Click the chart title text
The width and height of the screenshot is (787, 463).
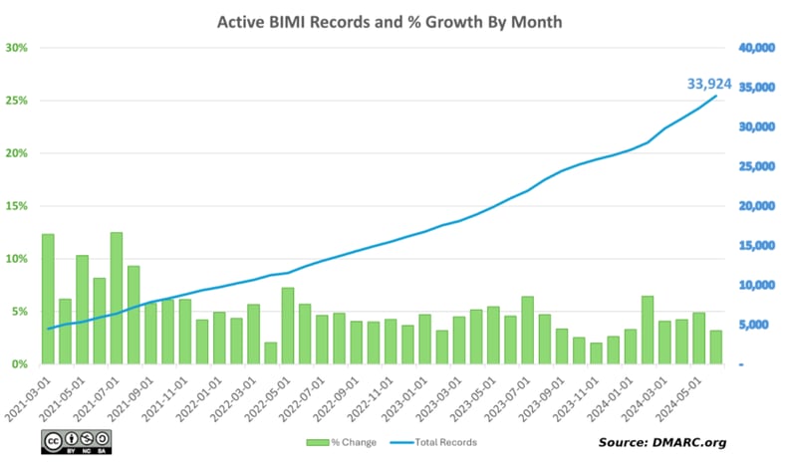[393, 20]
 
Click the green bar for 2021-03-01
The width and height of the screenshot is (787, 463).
[48, 299]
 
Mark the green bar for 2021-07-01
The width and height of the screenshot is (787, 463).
[117, 298]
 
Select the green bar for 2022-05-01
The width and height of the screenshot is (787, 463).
[287, 326]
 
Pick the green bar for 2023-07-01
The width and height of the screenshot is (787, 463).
[527, 330]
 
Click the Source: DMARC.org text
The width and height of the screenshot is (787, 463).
[661, 441]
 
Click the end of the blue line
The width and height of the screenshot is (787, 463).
[715, 97]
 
